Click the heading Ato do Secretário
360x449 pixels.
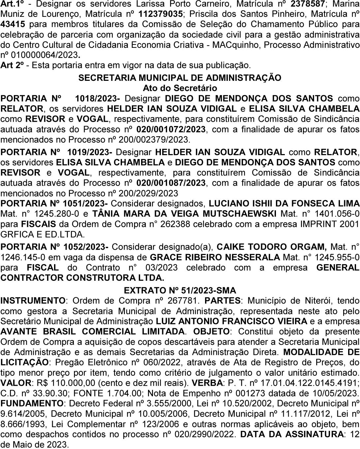pyautogui.click(x=180, y=88)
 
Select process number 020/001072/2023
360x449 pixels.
pyautogui.click(x=171, y=129)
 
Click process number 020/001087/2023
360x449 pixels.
pyautogui.click(x=171, y=183)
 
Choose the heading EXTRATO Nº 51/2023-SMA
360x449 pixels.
pyautogui.click(x=180, y=290)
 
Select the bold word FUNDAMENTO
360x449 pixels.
pyautogui.click(x=32, y=403)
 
